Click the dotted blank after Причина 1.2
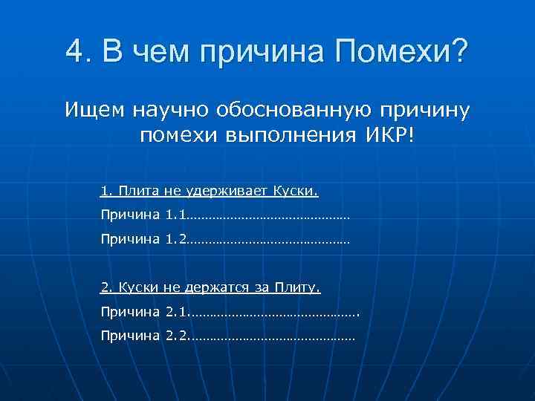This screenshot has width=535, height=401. click(x=267, y=241)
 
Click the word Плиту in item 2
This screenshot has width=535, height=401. click(x=296, y=287)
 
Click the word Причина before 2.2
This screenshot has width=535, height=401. click(x=130, y=336)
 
